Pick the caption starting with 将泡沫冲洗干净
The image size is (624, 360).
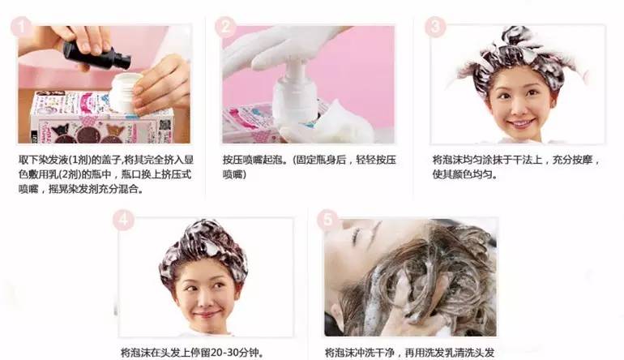410,353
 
